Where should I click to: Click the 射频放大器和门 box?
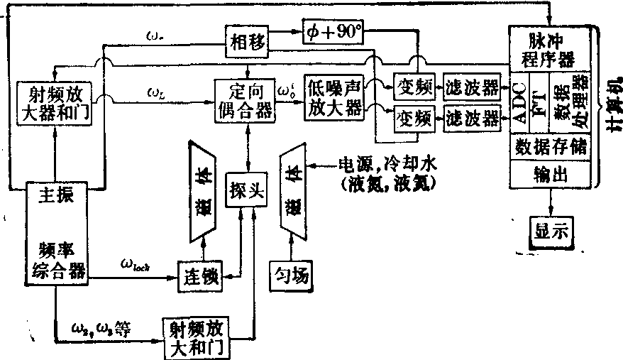click(55, 102)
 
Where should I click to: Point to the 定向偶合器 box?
click(246, 101)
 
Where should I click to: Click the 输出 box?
click(551, 175)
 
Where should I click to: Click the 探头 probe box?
click(246, 190)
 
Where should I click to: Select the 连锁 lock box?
click(200, 274)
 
